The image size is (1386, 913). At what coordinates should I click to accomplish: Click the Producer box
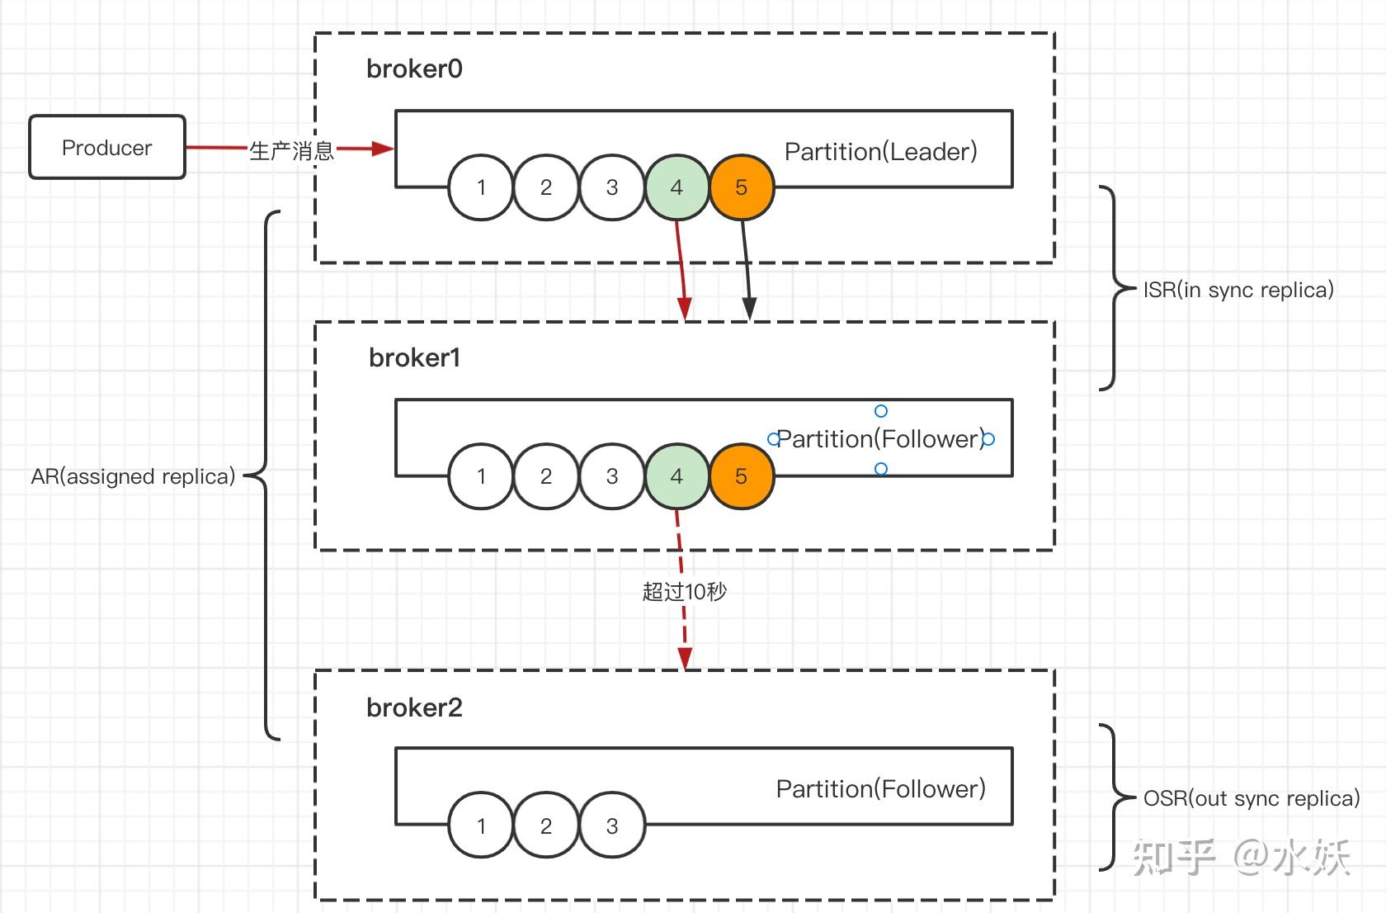click(x=107, y=147)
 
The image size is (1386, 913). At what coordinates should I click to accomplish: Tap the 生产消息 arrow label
click(x=291, y=150)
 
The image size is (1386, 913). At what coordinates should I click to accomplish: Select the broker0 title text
click(x=414, y=69)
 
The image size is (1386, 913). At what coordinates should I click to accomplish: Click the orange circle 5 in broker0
click(x=741, y=187)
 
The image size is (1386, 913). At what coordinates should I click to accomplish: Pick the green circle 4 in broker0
click(x=676, y=187)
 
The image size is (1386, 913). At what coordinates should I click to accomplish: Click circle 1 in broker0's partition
click(x=481, y=187)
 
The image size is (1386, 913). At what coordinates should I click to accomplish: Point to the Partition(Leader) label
click(x=881, y=152)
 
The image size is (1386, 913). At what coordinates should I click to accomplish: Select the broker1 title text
click(x=414, y=357)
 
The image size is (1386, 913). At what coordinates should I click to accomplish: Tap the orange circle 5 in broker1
click(x=741, y=476)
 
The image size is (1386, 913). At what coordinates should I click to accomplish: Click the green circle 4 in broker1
click(x=676, y=476)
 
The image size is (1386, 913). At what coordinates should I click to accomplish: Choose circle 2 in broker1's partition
click(x=546, y=476)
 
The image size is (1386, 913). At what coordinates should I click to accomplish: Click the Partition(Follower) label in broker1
click(x=881, y=439)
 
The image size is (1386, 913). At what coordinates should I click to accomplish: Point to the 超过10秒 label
click(x=685, y=592)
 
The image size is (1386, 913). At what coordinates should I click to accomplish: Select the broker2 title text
click(x=414, y=707)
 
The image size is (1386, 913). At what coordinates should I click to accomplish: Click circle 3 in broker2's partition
click(x=612, y=825)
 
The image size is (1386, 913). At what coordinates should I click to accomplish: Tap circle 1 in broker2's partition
click(x=481, y=825)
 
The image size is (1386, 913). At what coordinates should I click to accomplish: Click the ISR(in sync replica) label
click(x=1238, y=290)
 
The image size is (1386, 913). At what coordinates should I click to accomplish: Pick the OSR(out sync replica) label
click(x=1252, y=798)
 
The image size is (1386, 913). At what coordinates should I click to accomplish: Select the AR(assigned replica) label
click(x=133, y=476)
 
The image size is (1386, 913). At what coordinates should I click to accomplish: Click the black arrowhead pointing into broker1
click(x=749, y=309)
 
